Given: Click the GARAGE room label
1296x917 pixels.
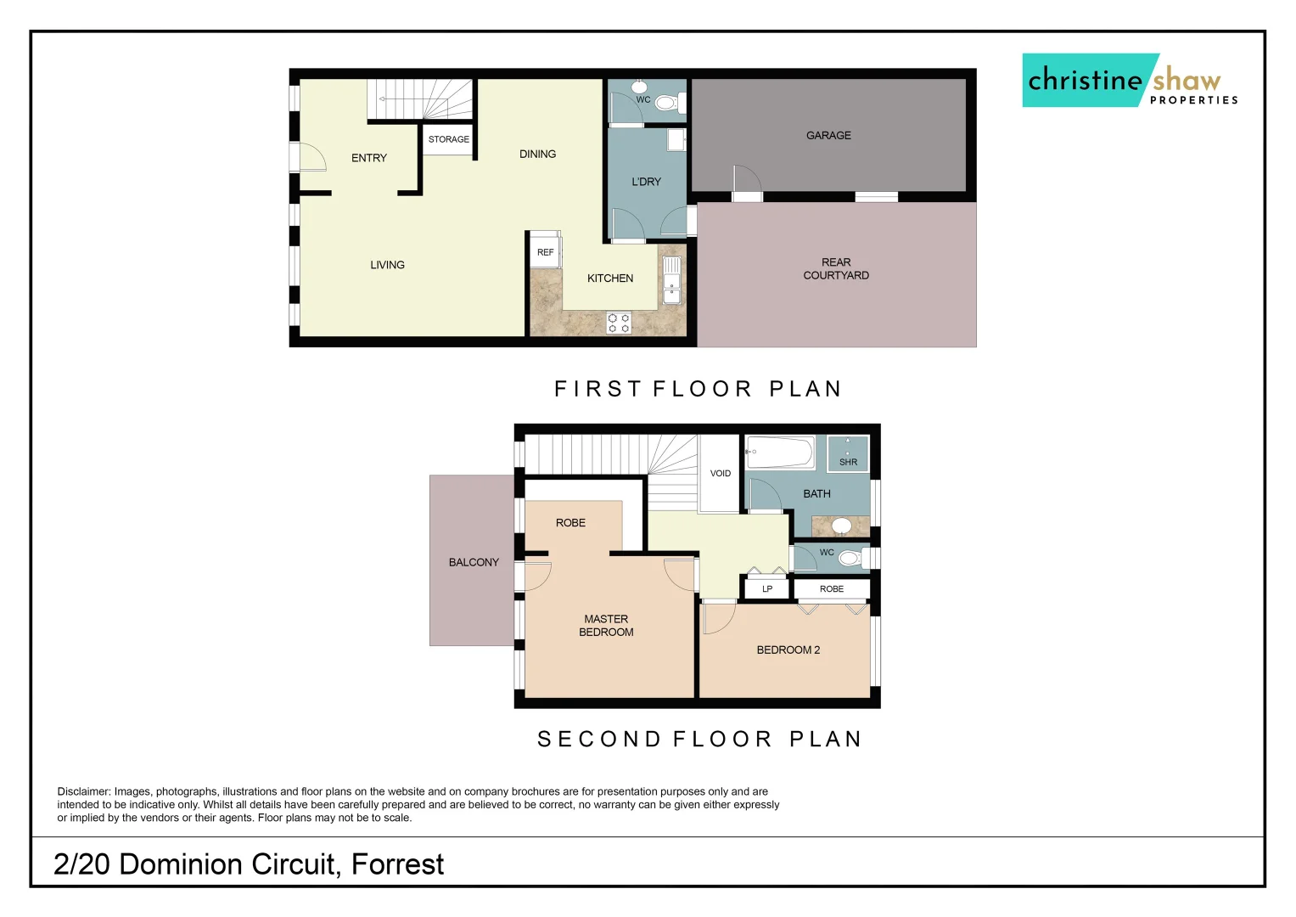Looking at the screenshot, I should [x=828, y=136].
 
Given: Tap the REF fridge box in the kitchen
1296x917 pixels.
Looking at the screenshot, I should [x=545, y=252].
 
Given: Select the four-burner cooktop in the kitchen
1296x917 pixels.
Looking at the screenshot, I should [x=619, y=323].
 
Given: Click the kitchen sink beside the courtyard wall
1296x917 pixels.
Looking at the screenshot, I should [x=671, y=280].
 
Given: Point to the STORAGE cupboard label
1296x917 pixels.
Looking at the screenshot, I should [x=448, y=139].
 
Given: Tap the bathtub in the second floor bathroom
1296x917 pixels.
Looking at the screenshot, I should [x=780, y=453].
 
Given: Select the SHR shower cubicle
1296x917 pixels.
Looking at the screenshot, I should [x=848, y=453].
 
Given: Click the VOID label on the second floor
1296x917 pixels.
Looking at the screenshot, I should [x=720, y=474].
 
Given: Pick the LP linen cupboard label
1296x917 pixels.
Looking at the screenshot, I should [x=767, y=589].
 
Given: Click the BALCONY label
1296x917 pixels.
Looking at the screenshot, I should [x=474, y=562].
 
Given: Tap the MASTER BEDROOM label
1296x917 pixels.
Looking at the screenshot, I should [x=606, y=626].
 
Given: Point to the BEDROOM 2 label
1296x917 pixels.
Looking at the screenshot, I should [x=788, y=650].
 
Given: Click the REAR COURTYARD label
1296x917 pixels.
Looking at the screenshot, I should [x=836, y=269].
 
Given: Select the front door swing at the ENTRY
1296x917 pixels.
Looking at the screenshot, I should [x=307, y=158].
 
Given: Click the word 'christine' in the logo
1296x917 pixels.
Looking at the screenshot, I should [x=1085, y=81].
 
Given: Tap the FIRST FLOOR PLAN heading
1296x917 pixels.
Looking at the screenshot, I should [x=698, y=389].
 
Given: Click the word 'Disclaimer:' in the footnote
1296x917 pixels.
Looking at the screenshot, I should [x=84, y=791].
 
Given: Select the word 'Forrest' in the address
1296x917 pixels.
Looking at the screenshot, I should [x=397, y=864].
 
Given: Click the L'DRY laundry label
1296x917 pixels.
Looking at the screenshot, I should [x=646, y=182].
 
